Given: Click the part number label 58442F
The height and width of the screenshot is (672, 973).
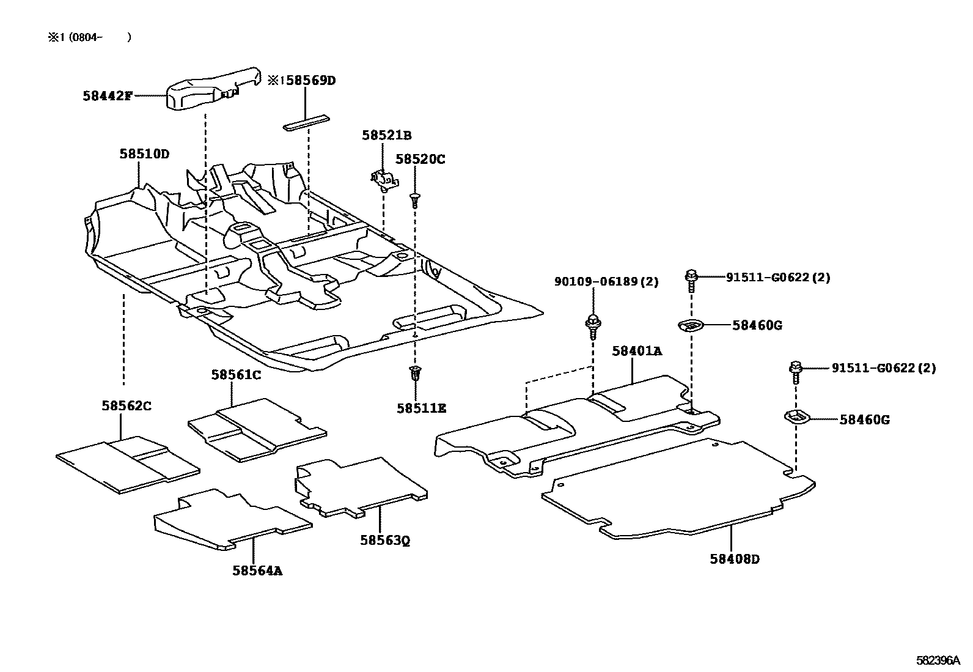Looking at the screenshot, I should [x=107, y=96].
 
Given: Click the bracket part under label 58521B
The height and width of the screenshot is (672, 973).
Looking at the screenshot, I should [x=383, y=180].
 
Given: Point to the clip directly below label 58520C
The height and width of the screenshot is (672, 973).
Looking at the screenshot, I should [x=415, y=200].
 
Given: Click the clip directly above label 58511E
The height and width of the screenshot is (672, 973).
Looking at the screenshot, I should [x=416, y=374].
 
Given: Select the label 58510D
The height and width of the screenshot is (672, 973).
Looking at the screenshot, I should [x=144, y=154].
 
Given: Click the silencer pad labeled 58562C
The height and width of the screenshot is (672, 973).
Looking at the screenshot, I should [x=127, y=464].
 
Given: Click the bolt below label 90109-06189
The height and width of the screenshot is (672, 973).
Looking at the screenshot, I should [x=593, y=325].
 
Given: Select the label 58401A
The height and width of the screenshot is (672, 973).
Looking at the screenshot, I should [x=637, y=351].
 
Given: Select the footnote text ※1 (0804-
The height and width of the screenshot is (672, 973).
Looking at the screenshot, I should [x=89, y=37].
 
